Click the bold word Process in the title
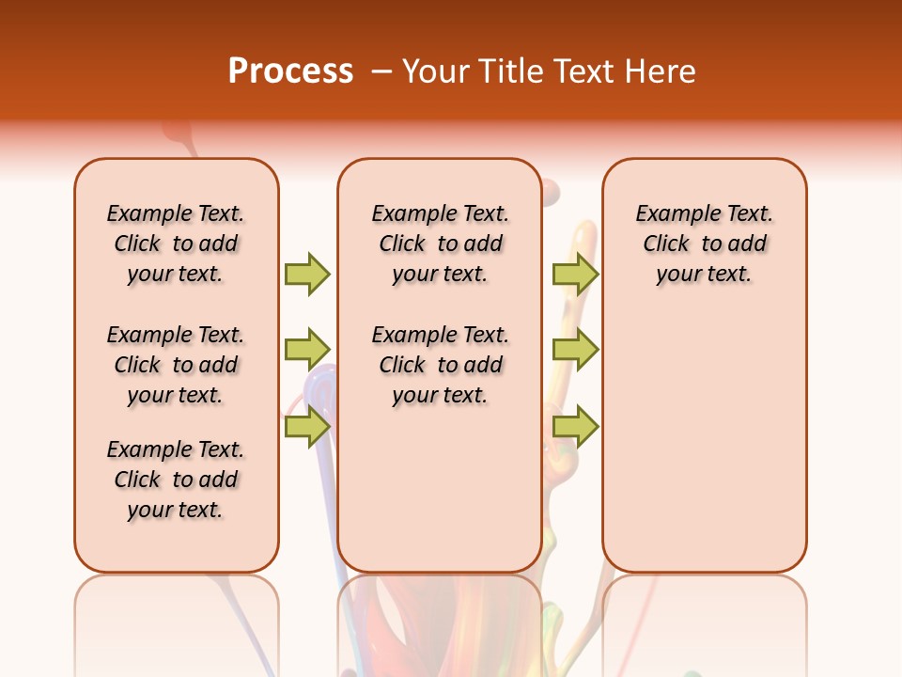tap(290, 71)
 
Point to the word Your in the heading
tap(436, 71)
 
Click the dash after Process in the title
tap(381, 72)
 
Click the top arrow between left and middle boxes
tap(307, 274)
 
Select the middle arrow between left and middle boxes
tap(307, 350)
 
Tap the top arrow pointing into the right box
tap(575, 274)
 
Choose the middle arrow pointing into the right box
tap(575, 350)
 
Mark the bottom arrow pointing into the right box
tap(575, 426)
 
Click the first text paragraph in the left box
tap(176, 244)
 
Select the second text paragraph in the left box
tap(176, 365)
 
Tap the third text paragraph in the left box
tap(176, 480)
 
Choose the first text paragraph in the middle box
tap(440, 244)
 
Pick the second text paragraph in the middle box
tap(440, 365)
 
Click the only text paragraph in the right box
tap(704, 244)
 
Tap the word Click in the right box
tap(666, 244)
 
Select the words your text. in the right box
tap(704, 275)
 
